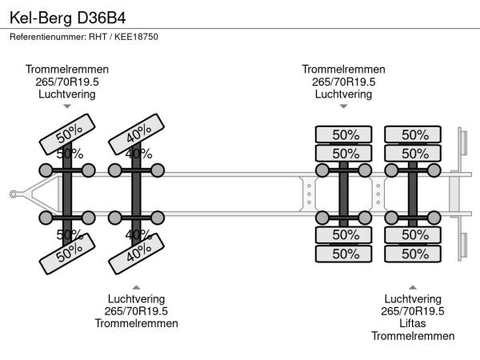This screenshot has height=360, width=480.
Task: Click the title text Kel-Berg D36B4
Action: [x=67, y=16]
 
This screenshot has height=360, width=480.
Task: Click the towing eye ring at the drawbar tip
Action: [x=14, y=193]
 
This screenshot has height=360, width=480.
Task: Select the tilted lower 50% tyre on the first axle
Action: [x=68, y=254]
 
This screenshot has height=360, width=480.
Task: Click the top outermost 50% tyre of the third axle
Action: [x=343, y=134]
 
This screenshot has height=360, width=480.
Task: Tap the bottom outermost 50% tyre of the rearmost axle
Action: [x=413, y=254]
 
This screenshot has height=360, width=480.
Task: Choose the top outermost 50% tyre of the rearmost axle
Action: [x=413, y=134]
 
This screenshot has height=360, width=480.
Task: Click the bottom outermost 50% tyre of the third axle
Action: [x=343, y=254]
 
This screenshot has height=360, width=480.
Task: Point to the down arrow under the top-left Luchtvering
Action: [x=67, y=106]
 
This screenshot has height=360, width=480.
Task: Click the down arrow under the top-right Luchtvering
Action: [x=343, y=106]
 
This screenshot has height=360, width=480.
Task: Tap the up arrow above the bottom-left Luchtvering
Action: [x=136, y=287]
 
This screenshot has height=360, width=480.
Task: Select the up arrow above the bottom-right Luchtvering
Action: [x=412, y=287]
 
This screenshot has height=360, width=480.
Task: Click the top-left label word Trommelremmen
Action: [x=67, y=70]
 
